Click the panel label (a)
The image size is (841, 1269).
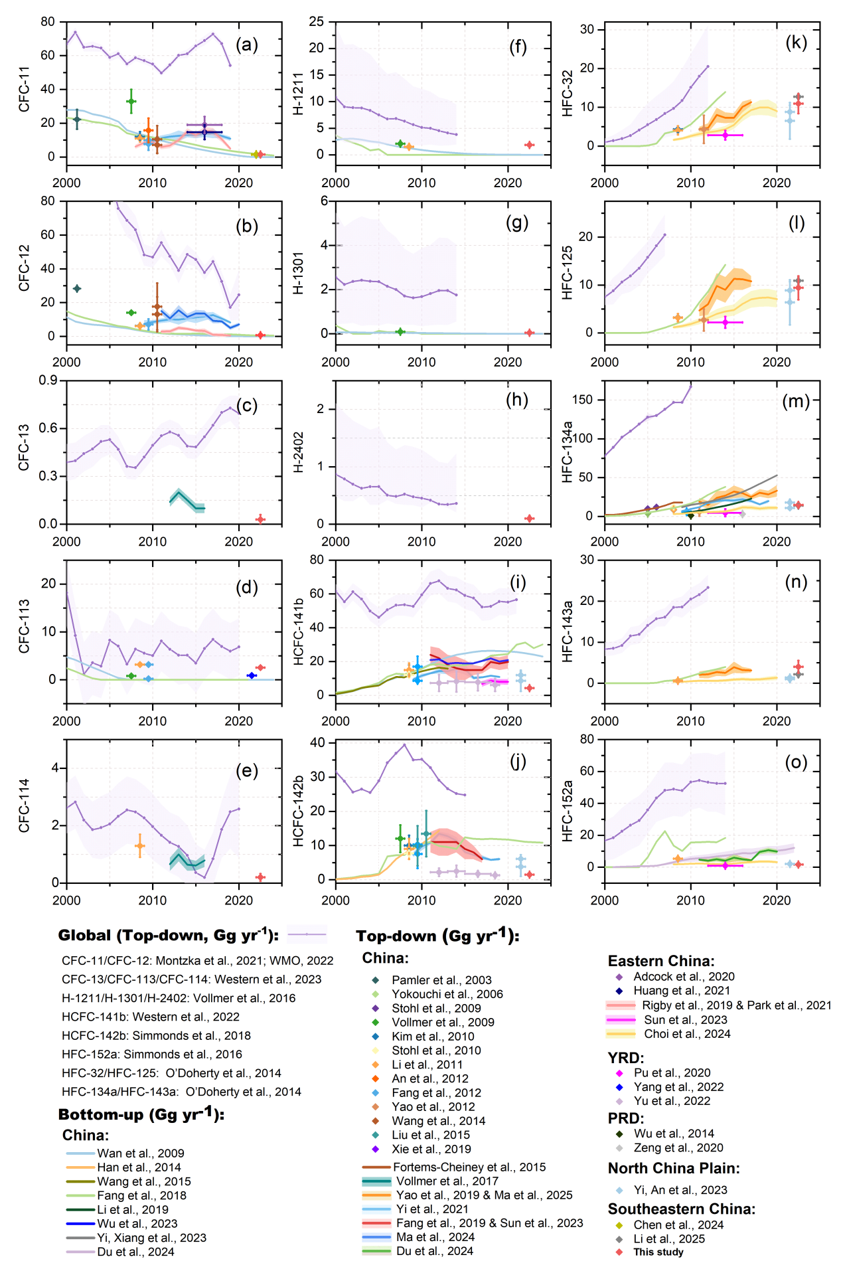tap(247, 44)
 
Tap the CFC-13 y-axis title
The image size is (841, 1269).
tap(24, 448)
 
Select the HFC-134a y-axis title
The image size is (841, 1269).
tap(567, 452)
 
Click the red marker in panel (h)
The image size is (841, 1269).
tap(529, 519)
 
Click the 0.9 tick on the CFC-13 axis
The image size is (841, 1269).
tap(48, 381)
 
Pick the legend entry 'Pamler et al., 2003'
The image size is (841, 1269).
tap(441, 980)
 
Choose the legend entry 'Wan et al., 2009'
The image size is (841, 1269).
tap(140, 1153)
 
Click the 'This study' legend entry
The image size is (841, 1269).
tap(658, 1252)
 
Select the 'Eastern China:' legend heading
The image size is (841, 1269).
tap(661, 961)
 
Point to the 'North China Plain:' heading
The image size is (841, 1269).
tap(674, 1168)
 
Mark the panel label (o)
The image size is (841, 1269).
tap(796, 762)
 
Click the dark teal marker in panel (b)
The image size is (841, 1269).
tap(77, 289)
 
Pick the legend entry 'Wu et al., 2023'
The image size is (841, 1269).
tap(137, 1223)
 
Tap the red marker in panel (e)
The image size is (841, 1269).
tap(260, 877)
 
